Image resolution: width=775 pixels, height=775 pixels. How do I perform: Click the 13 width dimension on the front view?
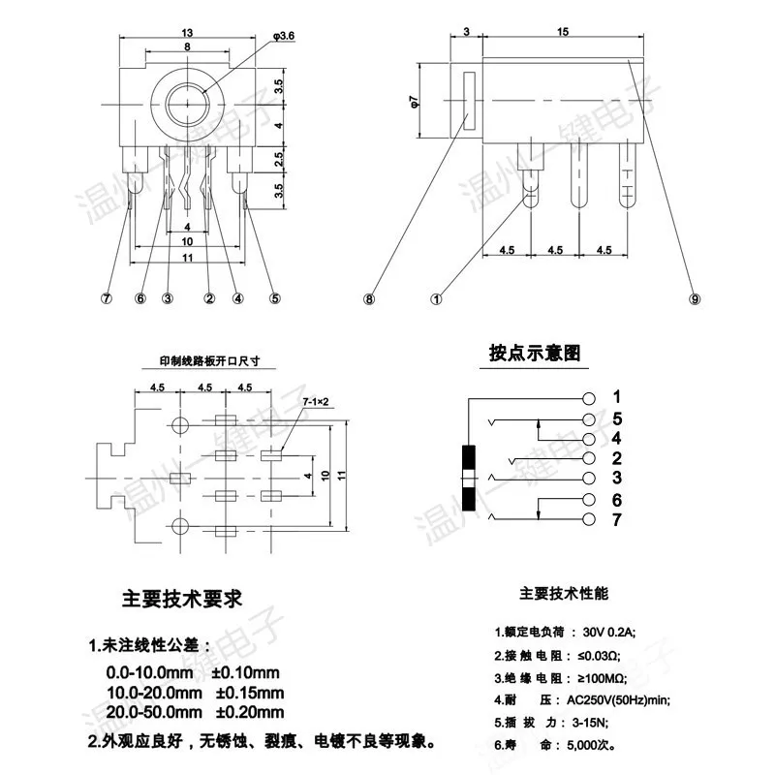click(187, 33)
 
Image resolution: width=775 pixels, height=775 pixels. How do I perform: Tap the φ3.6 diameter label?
click(284, 36)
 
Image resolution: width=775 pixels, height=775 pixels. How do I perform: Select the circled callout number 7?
click(107, 298)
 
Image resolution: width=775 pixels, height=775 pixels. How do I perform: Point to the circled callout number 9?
click(695, 299)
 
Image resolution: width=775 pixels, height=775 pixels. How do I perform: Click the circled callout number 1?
click(437, 299)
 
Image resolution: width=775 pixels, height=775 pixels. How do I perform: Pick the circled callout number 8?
click(369, 299)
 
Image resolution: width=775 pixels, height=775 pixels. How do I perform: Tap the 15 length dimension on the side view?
click(563, 32)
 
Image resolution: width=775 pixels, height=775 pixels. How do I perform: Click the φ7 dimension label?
click(415, 102)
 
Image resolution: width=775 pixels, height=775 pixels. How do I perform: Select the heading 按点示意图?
click(535, 353)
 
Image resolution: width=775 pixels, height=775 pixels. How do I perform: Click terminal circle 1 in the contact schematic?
click(589, 398)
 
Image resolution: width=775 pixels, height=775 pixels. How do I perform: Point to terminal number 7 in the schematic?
click(616, 520)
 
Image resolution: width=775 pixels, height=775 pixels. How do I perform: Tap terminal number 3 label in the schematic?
click(617, 478)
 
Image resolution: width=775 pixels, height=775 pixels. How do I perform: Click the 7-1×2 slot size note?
click(316, 402)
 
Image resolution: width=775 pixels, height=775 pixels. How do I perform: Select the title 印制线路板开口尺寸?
click(209, 360)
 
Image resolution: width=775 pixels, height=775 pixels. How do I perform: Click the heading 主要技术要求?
click(182, 599)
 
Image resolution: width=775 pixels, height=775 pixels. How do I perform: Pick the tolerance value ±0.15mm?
click(250, 693)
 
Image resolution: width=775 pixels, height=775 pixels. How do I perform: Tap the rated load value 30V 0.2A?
click(609, 632)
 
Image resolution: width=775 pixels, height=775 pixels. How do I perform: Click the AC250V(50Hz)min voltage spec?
click(618, 700)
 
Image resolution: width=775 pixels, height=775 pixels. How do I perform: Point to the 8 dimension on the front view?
click(187, 46)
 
